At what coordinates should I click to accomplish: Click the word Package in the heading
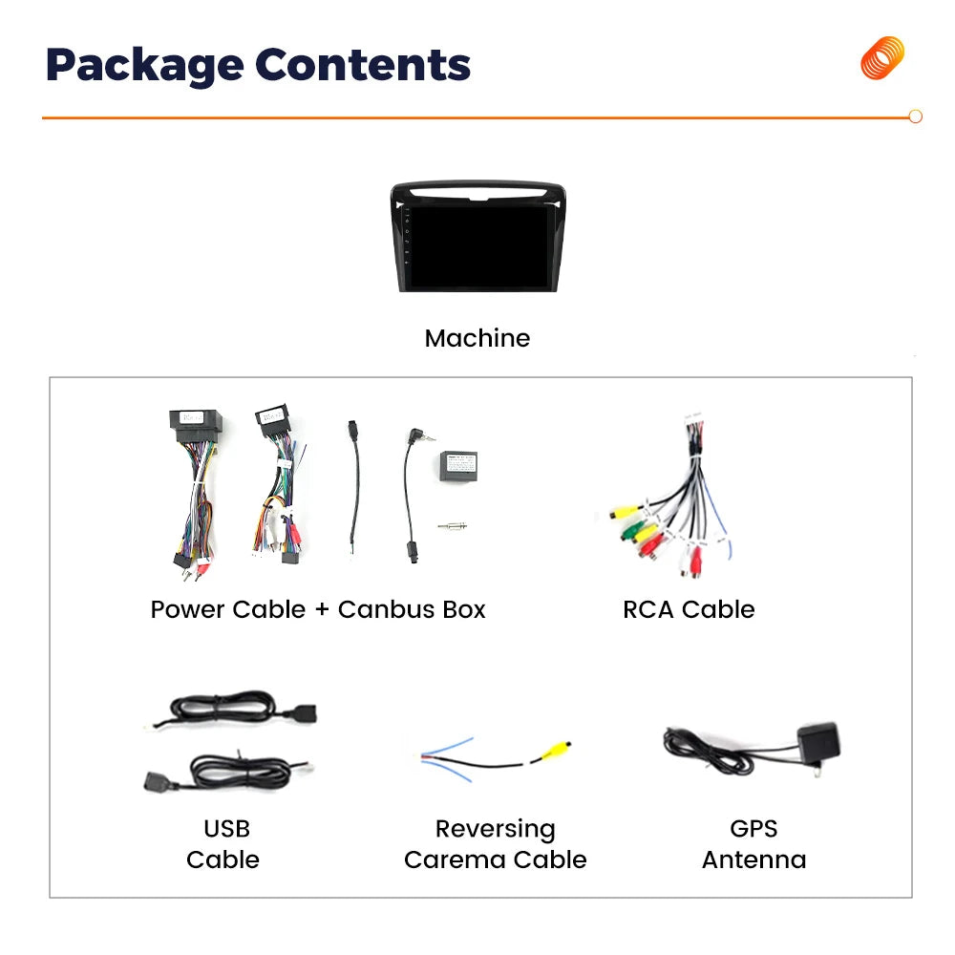(x=145, y=65)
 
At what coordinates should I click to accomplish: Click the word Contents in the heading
(x=363, y=64)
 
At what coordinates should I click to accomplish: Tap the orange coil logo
(x=882, y=58)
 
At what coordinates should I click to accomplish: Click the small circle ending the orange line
(x=916, y=117)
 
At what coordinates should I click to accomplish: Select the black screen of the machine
(x=478, y=246)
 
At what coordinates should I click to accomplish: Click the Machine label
(x=477, y=338)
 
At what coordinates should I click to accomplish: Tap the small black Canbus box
(x=458, y=467)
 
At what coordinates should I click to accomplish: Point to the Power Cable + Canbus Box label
(x=318, y=609)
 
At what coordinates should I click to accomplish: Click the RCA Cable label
(x=689, y=609)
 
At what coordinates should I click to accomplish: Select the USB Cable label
(x=223, y=844)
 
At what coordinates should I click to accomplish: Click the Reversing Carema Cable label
(x=495, y=844)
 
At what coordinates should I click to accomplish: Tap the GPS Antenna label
(x=754, y=844)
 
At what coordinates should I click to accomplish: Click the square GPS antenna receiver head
(x=819, y=741)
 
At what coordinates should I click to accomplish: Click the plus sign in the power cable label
(x=322, y=609)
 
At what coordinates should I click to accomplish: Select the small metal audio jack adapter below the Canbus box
(x=453, y=525)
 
